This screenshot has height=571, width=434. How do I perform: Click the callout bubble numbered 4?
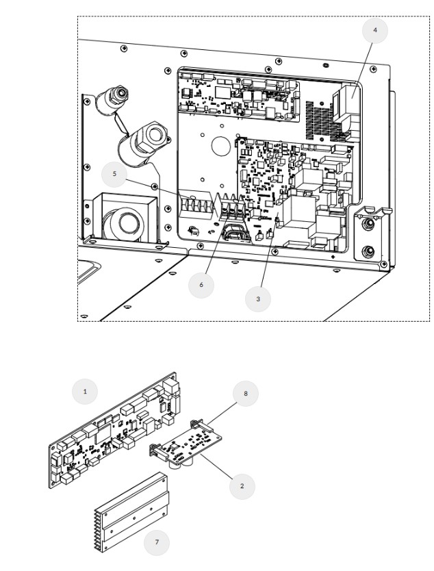pos(374,30)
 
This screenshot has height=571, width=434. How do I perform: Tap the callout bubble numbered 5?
pos(114,174)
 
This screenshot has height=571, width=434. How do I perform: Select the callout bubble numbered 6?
pos(201,285)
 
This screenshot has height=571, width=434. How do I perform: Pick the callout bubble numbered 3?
pos(258,299)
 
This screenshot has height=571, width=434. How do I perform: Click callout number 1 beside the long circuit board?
pos(85,392)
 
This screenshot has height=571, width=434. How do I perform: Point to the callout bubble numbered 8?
pos(245,394)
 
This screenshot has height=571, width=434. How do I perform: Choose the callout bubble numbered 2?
pos(242,486)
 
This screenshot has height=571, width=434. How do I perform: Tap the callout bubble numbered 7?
pos(157,542)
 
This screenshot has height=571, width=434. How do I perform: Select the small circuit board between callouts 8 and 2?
pos(186,444)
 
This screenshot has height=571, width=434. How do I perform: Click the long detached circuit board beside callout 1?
pos(113,431)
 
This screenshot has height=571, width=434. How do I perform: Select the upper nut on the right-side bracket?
pos(368,224)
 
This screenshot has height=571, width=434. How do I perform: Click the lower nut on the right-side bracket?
pos(368,251)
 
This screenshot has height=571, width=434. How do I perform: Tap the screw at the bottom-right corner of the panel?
pos(383,264)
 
